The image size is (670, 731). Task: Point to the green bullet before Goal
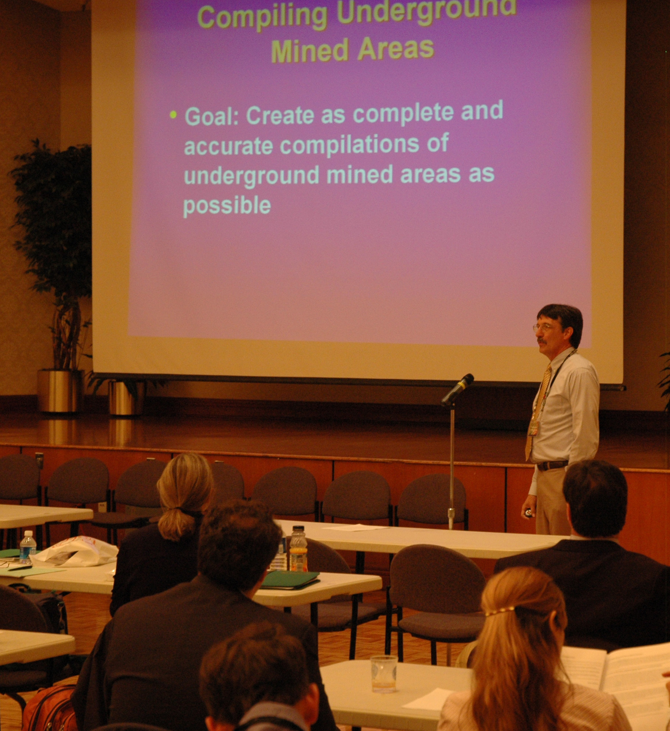pyautogui.click(x=174, y=114)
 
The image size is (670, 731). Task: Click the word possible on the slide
pyautogui.click(x=227, y=206)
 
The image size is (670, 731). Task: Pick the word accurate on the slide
pyautogui.click(x=229, y=146)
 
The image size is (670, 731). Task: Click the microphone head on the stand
pyautogui.click(x=457, y=389)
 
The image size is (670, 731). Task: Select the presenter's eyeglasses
pyautogui.click(x=542, y=327)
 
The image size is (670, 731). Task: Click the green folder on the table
pyautogui.click(x=290, y=580)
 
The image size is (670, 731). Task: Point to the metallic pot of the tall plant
pyautogui.click(x=60, y=391)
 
